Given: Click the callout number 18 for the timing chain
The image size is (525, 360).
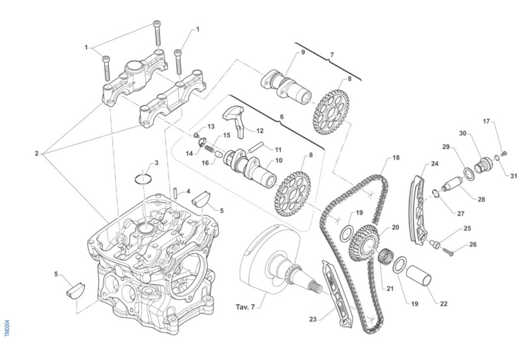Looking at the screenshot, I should pyautogui.click(x=396, y=157).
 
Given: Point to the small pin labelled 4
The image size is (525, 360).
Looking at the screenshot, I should pyautogui.click(x=174, y=192).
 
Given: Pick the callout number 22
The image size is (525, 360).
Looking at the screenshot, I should pyautogui.click(x=444, y=303).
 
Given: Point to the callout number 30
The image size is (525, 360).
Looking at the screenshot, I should pyautogui.click(x=462, y=133).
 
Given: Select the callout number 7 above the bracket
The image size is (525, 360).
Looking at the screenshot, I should pyautogui.click(x=332, y=55).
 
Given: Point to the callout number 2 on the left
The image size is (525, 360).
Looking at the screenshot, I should pyautogui.click(x=37, y=154).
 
